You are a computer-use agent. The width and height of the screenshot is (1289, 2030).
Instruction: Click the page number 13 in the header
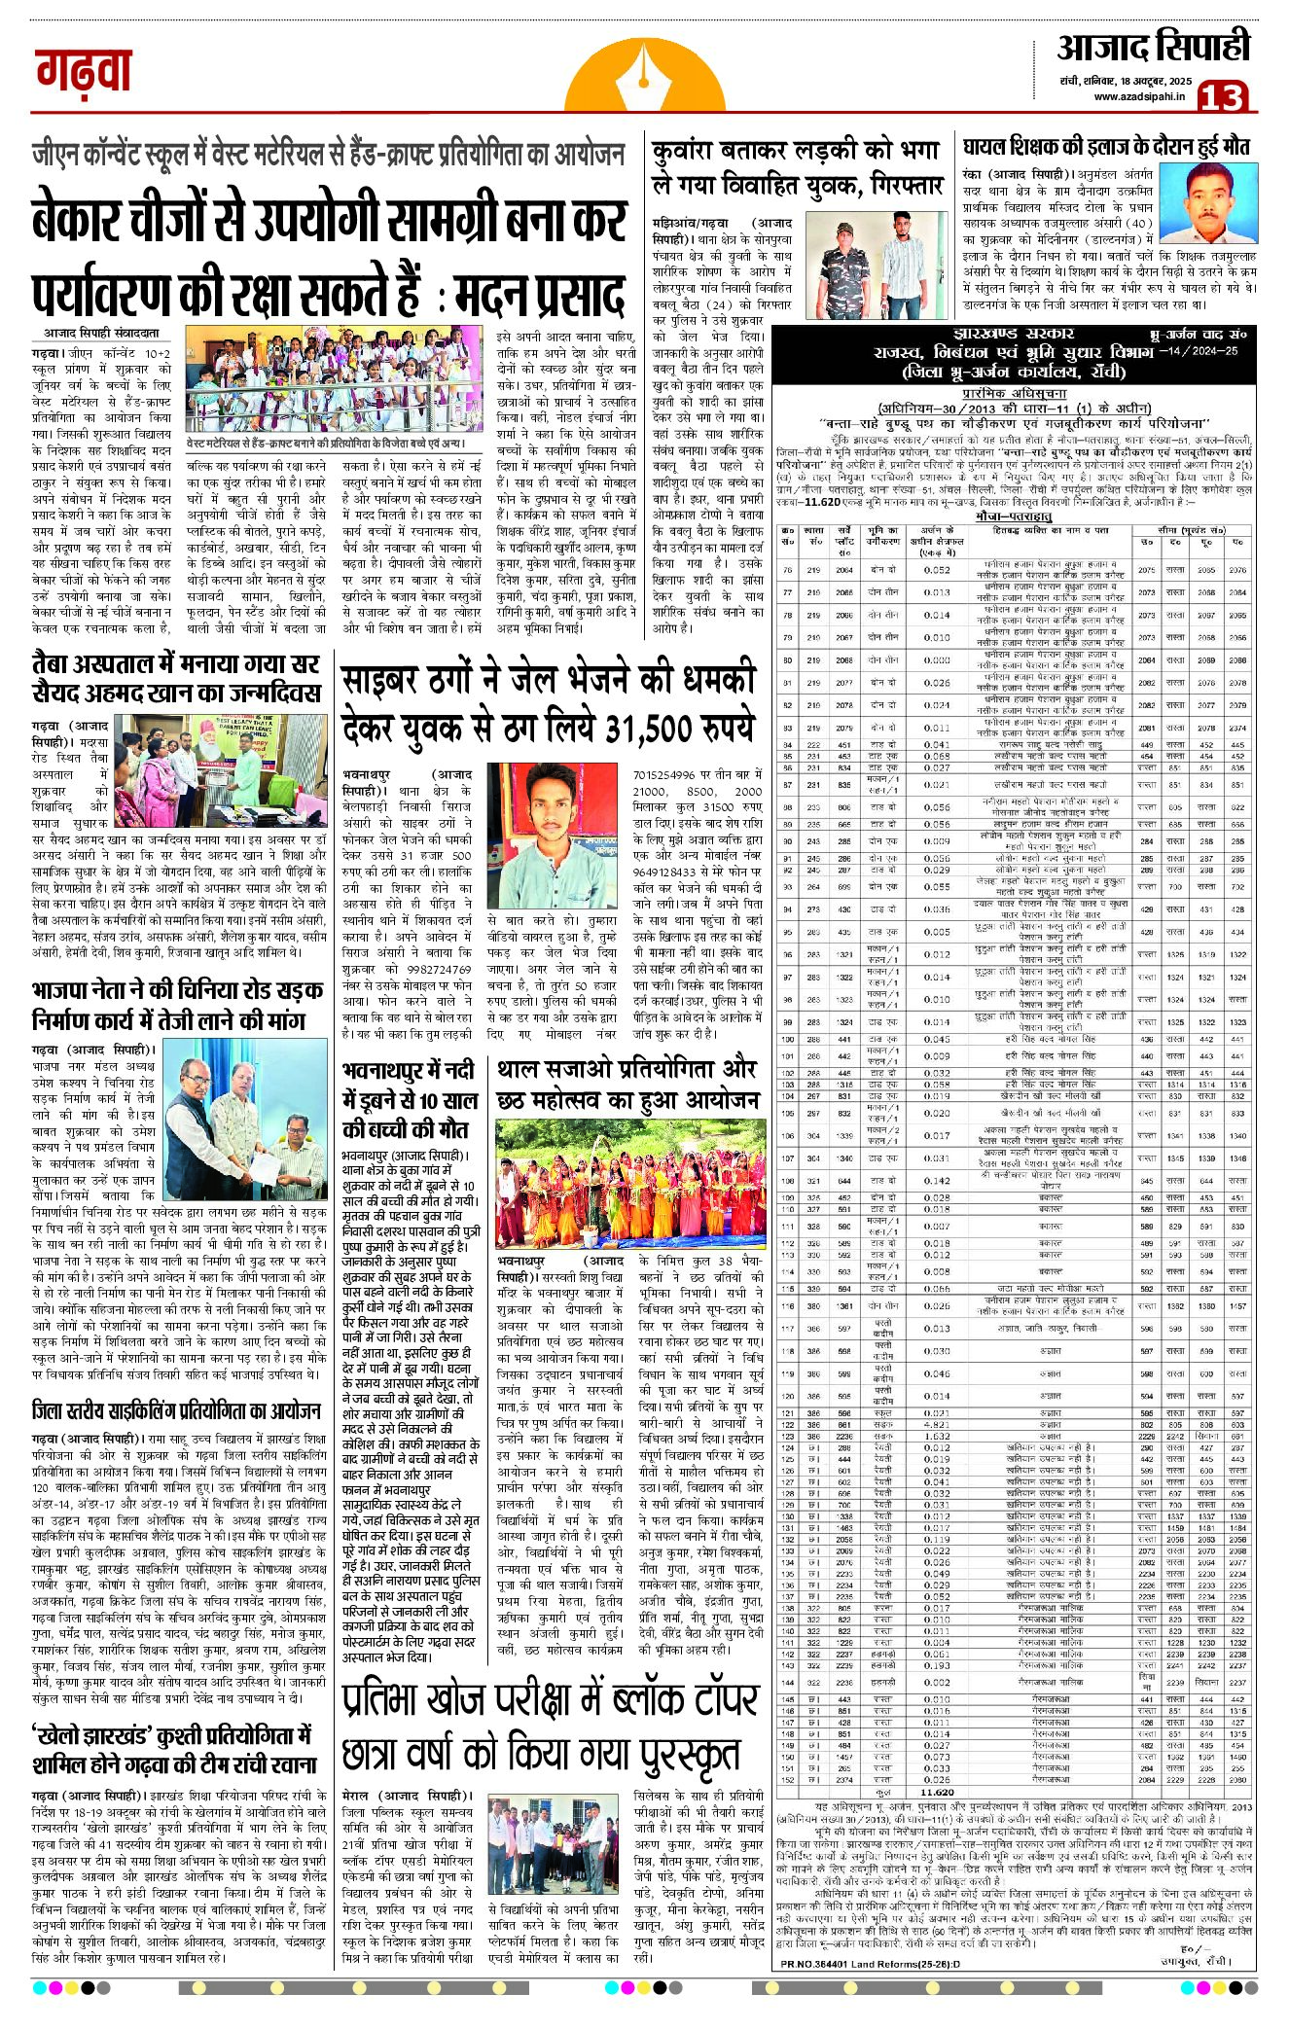[1222, 96]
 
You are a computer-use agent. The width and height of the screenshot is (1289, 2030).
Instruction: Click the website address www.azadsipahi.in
[1138, 96]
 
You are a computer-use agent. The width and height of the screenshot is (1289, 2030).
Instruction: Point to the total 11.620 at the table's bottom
[935, 1792]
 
